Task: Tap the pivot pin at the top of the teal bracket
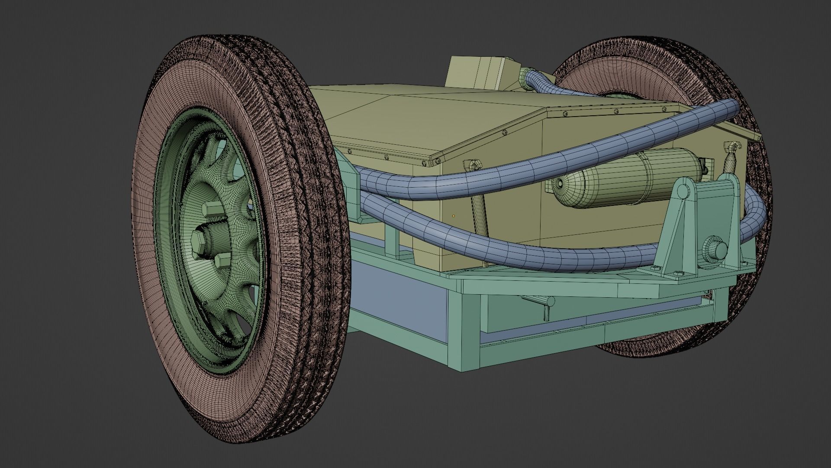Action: click(681, 191)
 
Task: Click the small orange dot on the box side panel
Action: click(454, 215)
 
